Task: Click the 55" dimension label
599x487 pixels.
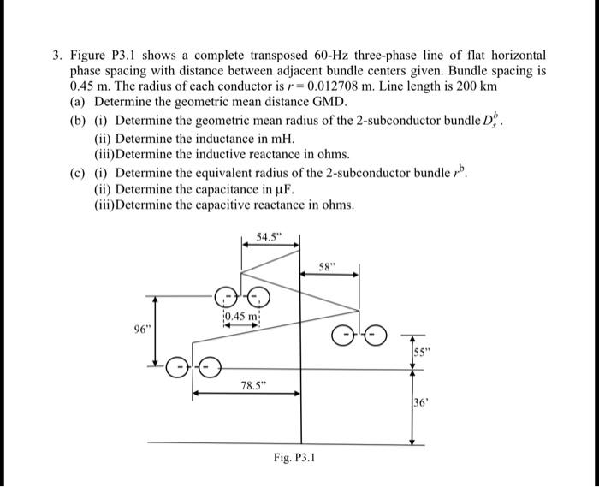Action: (420, 352)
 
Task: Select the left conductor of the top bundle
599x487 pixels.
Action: (226, 297)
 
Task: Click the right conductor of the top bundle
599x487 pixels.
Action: (258, 297)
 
